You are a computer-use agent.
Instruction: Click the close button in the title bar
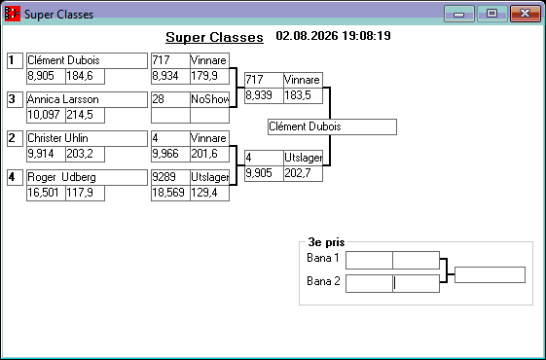pos(526,14)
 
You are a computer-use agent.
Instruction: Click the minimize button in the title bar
pos(459,14)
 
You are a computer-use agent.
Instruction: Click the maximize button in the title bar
pos(492,14)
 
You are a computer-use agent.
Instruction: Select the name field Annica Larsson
pos(87,99)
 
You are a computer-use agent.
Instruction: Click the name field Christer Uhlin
pos(87,138)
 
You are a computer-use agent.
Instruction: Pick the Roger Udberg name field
pos(87,177)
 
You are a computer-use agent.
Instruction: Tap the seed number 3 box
pos(15,99)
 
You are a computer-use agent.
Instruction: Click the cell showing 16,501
pos(47,193)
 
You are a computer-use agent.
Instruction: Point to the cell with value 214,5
pos(86,115)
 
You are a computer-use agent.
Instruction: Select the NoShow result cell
pos(209,99)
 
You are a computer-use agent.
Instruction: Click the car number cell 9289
pos(170,177)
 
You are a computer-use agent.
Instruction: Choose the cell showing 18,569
pos(170,193)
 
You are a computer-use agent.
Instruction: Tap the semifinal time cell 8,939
pos(264,95)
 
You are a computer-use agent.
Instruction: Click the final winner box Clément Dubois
pos(332,126)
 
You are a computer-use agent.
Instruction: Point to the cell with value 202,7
pos(304,173)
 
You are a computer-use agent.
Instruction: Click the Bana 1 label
pos(323,258)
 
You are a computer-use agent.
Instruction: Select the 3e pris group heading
pos(326,242)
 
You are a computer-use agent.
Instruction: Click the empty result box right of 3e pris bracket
pos(490,275)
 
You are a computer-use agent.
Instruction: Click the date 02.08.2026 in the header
pos(307,36)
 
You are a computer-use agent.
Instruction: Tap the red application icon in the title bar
pos(13,14)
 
